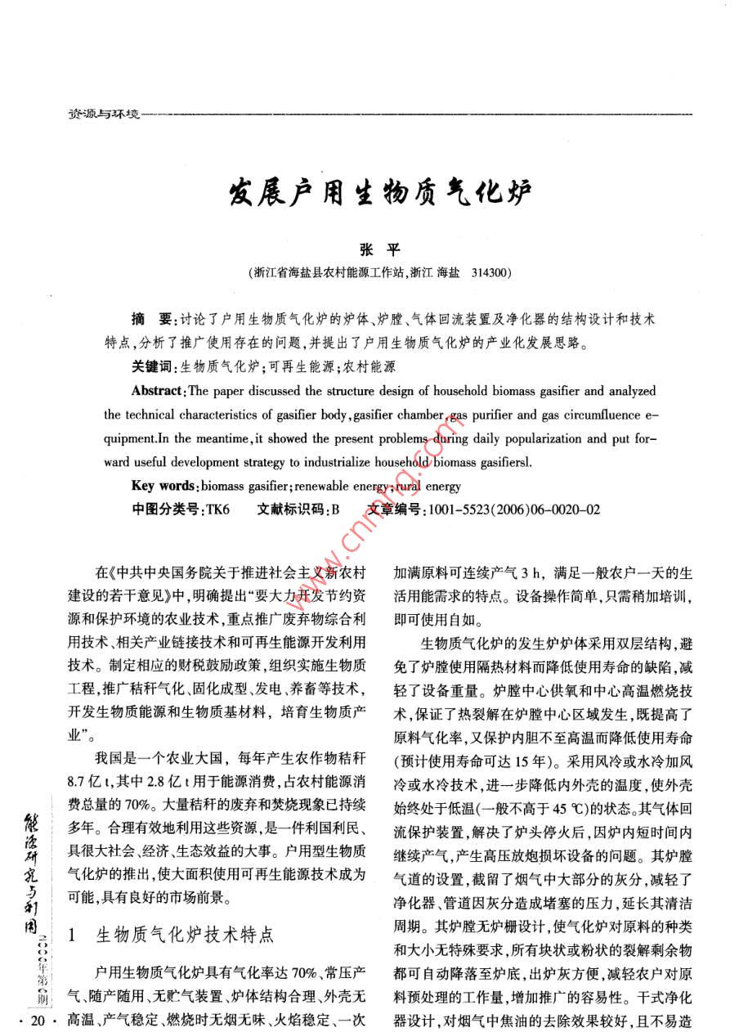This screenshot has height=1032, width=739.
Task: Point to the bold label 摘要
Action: click(x=150, y=316)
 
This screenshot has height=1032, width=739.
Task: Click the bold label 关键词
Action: click(x=154, y=366)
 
